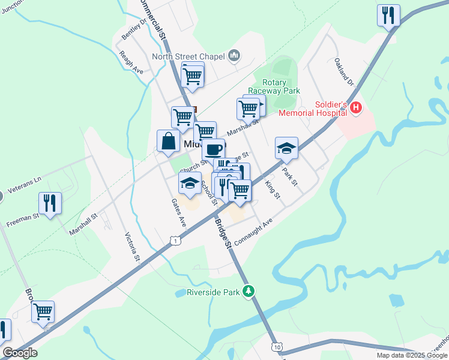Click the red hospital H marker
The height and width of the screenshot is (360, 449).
(356, 108)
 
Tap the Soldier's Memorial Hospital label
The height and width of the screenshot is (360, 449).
(312, 108)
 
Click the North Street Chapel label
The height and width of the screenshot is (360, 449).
(187, 57)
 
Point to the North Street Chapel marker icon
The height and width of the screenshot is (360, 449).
(234, 56)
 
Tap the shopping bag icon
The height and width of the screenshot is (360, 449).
(169, 142)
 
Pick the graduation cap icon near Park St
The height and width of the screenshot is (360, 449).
(287, 148)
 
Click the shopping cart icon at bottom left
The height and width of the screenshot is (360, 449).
(43, 311)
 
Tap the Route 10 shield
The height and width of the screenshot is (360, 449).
(276, 347)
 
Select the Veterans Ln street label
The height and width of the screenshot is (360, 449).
(28, 179)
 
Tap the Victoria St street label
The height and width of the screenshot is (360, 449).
(132, 248)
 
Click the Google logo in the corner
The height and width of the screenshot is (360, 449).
(20, 353)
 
